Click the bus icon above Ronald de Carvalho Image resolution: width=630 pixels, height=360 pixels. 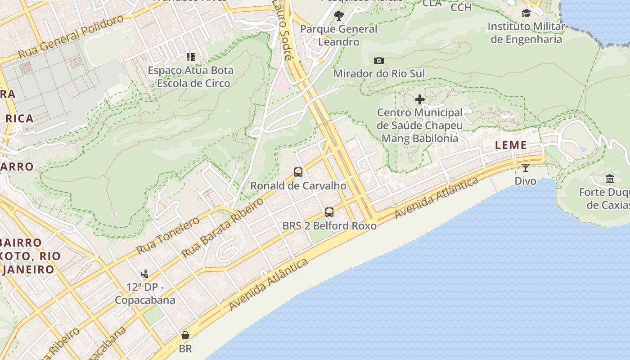[x=298, y=172]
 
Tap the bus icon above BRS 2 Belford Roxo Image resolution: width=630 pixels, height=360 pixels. [x=329, y=212]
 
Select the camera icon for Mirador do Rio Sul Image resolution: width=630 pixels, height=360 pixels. [x=379, y=60]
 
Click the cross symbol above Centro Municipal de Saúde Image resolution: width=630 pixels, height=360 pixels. [x=420, y=99]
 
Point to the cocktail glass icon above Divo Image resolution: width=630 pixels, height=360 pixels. [x=525, y=168]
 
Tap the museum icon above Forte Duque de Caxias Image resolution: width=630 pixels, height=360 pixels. [x=610, y=179]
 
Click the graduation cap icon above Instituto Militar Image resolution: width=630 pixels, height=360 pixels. [x=526, y=13]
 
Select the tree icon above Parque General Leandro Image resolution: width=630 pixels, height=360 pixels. [x=339, y=16]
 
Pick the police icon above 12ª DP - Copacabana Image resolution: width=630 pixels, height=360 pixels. [x=144, y=274]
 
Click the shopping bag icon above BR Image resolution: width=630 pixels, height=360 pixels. [x=185, y=335]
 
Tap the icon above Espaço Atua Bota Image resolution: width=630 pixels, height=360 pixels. [x=191, y=57]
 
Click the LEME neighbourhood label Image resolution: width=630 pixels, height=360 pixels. [x=511, y=145]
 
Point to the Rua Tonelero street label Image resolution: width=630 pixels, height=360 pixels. [x=167, y=235]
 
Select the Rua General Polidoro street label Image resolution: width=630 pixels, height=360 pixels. [x=71, y=37]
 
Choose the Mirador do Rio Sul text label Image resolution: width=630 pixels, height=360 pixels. [x=379, y=73]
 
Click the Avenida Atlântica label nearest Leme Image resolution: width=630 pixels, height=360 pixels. [x=436, y=198]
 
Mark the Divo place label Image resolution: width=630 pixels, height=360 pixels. [x=526, y=181]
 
